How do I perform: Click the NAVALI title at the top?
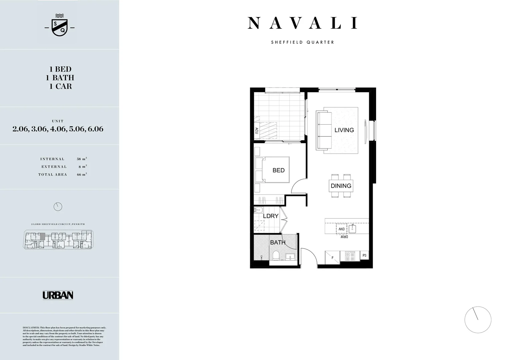pos(302,23)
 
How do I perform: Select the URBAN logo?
pos(58,295)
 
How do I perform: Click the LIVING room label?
pos(344,130)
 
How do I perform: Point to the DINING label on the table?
pos(341,186)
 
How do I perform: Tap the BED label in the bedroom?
pos(278,170)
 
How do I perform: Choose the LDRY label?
pos(270,216)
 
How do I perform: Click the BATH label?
pos(277,242)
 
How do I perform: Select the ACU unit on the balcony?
pos(256,130)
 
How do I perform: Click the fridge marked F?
pos(332,257)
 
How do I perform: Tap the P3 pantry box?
pos(364,255)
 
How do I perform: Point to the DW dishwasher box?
pos(341,229)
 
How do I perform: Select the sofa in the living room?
pos(324,130)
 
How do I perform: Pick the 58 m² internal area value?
pos(82,159)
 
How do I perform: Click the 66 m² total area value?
pos(82,174)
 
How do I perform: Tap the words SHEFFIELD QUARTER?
pos(302,42)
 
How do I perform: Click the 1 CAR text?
pos(60,86)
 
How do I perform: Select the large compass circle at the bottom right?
pos(478,319)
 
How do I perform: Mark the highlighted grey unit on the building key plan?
pos(42,236)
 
